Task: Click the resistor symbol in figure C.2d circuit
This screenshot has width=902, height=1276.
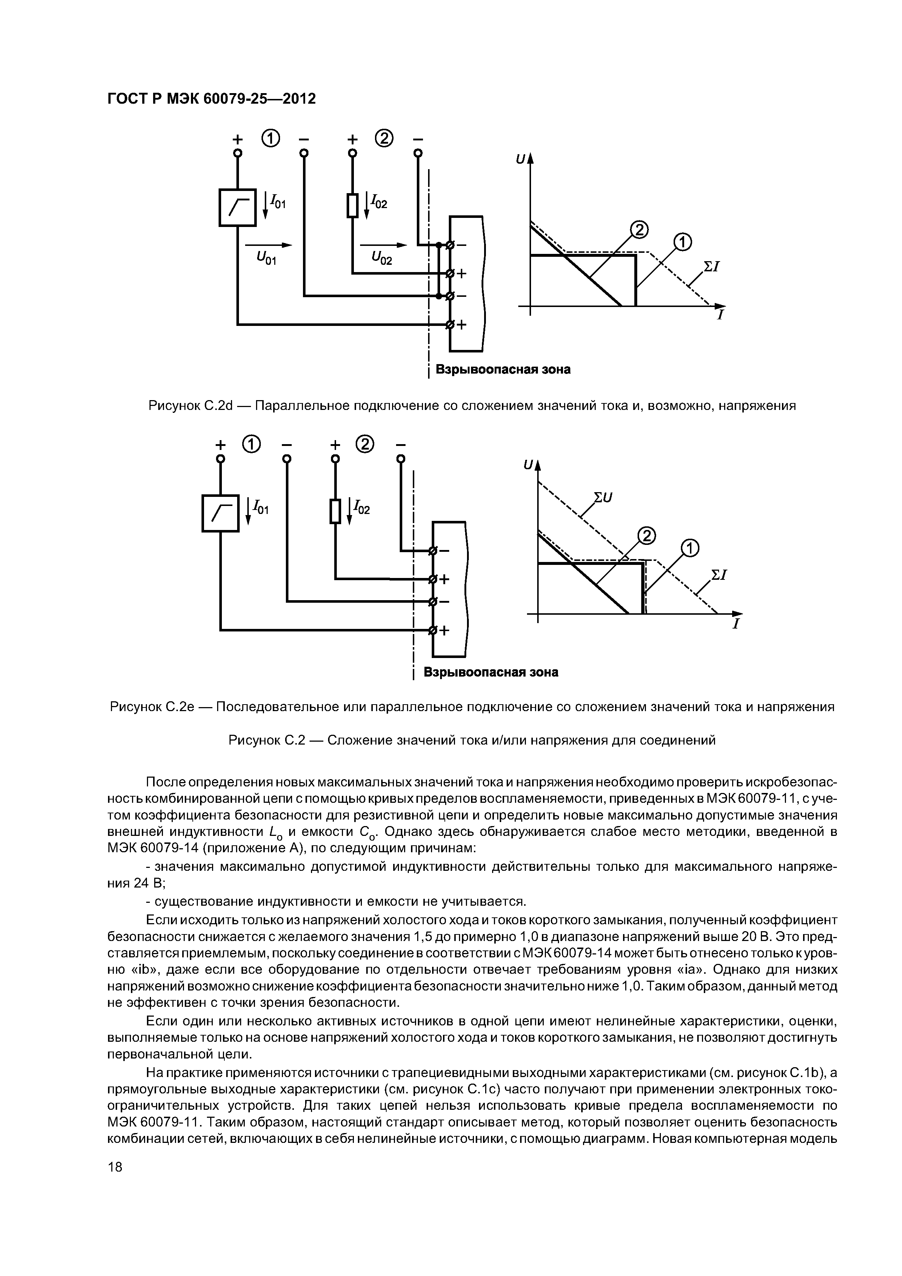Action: pos(352,206)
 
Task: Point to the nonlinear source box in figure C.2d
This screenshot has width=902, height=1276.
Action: pos(238,207)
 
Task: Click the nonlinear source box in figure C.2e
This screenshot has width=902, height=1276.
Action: pos(221,513)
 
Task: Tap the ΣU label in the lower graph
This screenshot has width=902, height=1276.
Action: pos(603,497)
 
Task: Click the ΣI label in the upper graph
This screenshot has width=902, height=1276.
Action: pos(712,266)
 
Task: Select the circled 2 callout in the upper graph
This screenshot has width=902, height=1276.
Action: pos(639,229)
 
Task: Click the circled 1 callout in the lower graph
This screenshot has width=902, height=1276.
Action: pos(689,549)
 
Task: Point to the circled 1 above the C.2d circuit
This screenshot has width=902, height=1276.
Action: pos(270,138)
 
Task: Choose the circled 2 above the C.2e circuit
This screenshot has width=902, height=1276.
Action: pos(366,444)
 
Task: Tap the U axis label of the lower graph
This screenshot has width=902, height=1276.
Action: pos(528,464)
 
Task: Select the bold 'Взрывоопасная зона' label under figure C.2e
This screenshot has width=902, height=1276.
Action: pos(491,673)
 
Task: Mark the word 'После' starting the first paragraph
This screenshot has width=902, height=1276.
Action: pos(165,782)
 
